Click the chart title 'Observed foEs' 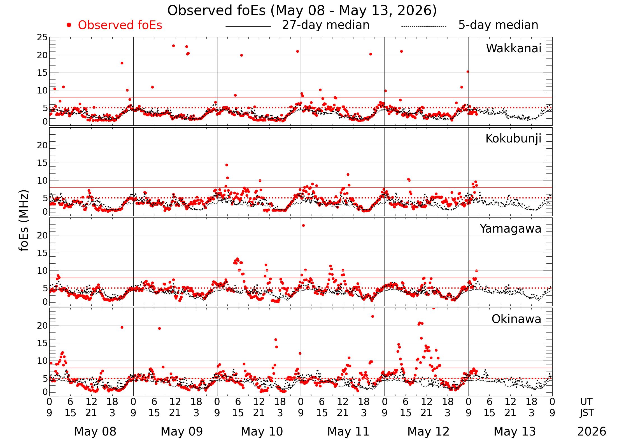coord(216,11)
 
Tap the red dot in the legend coord(69,25)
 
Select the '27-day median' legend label coord(326,25)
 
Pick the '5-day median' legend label coord(498,25)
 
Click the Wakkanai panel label coord(514,48)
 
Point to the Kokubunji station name coord(513,139)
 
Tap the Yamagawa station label coord(511,229)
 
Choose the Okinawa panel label coord(516,319)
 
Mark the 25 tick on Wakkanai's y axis coord(43,37)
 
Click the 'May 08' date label coord(95,432)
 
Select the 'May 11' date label coord(348,432)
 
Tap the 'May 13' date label coord(514,432)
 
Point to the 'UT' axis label coord(586,402)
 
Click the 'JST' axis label coord(587,413)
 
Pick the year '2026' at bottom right coord(592,432)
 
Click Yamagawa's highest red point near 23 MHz coord(303,225)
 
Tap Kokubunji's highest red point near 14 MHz coord(227,165)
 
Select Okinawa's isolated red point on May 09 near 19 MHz coord(159,328)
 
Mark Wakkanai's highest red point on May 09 coord(173,46)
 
